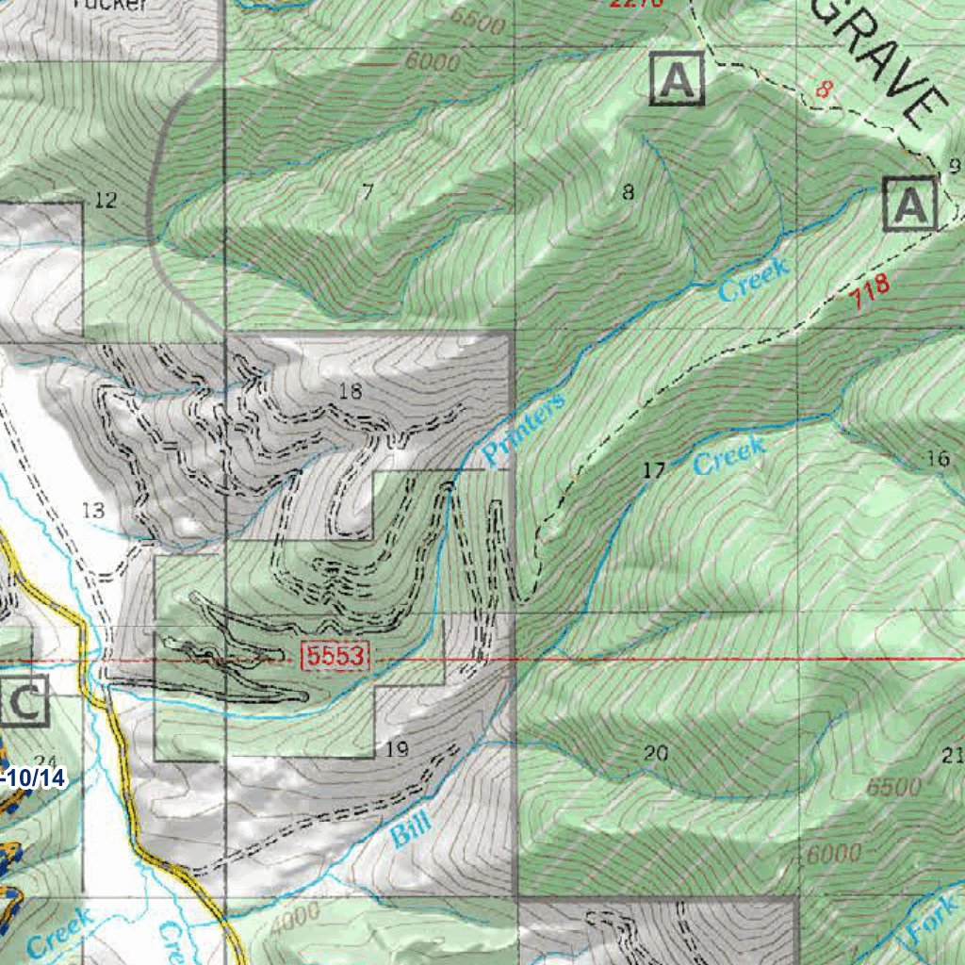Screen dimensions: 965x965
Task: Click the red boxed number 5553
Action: (335, 657)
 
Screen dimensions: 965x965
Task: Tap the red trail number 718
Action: (869, 295)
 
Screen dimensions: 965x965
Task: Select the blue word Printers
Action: (524, 430)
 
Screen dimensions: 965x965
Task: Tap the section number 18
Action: (350, 391)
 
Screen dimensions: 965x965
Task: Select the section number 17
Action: (654, 470)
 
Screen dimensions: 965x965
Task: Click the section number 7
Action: (368, 192)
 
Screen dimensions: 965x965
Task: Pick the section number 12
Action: (106, 200)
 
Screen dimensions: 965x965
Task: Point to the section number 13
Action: (93, 511)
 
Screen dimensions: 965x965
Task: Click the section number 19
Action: (397, 750)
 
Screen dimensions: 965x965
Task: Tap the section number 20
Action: (656, 752)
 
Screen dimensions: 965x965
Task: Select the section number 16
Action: (938, 459)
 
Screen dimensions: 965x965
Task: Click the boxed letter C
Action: (25, 702)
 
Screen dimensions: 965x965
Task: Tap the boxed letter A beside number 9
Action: (910, 204)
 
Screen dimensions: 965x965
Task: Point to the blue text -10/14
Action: (35, 777)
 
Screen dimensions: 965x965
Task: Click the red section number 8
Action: (826, 90)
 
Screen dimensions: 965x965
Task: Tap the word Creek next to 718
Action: (753, 280)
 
